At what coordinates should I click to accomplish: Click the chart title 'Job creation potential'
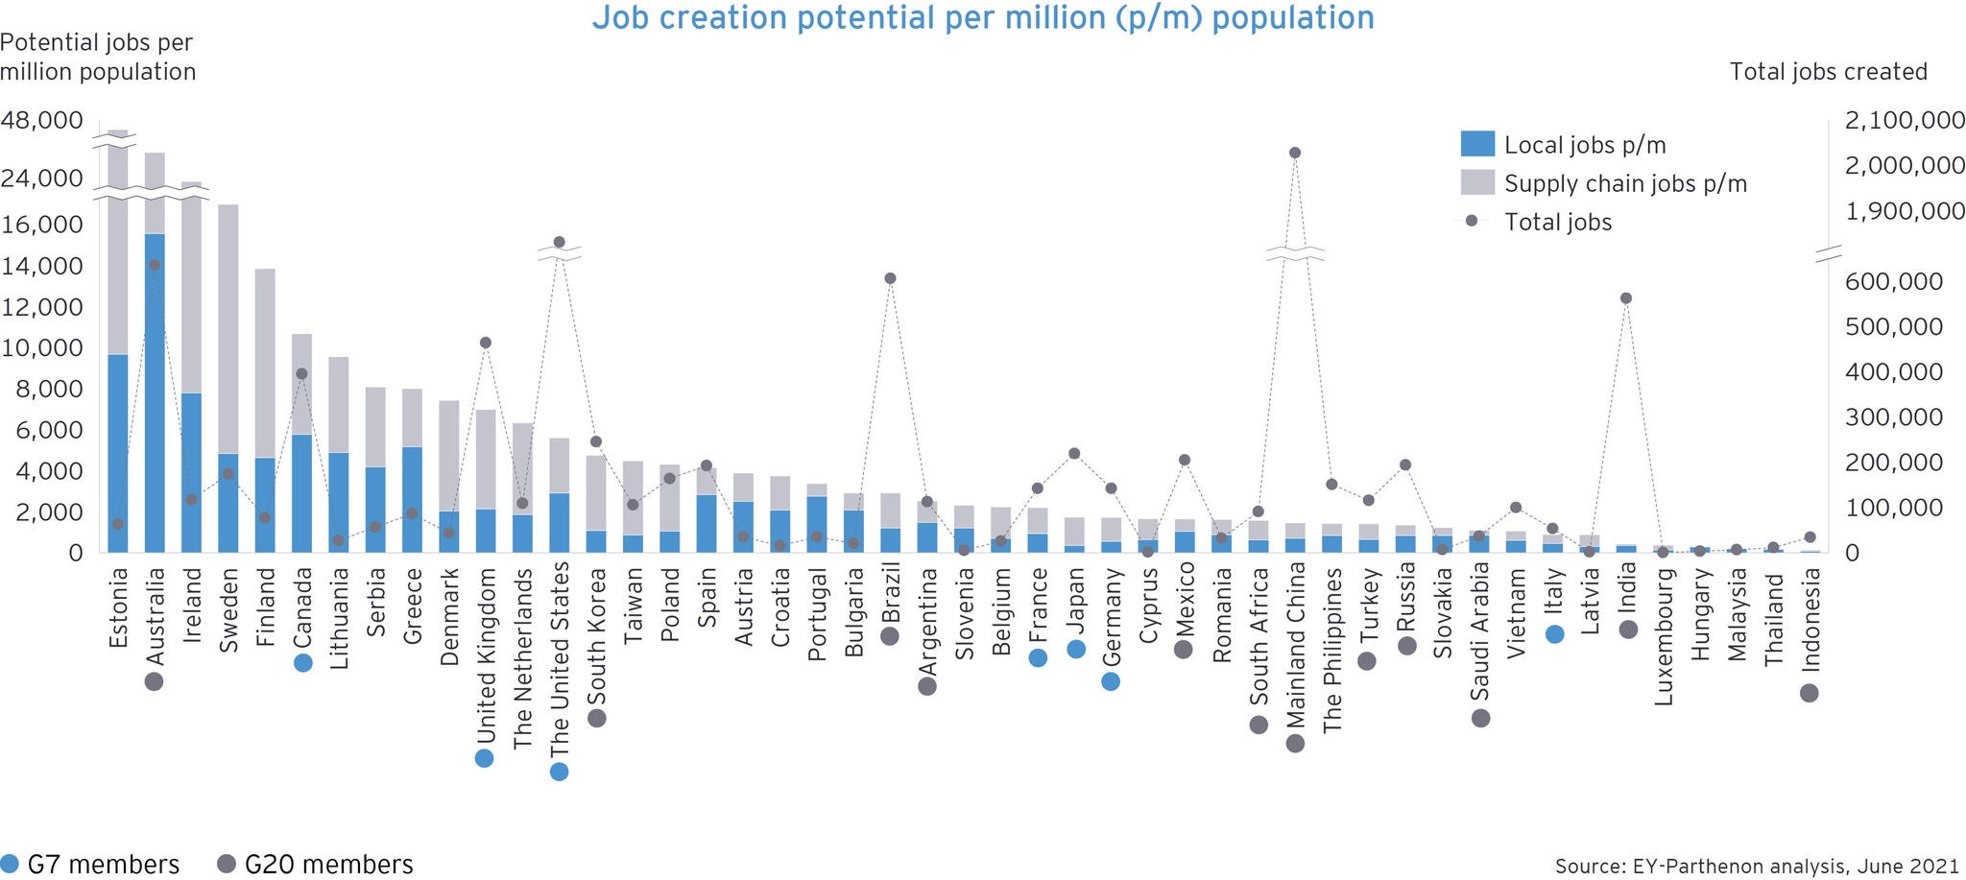pyautogui.click(x=982, y=18)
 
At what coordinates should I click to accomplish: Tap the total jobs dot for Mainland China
pyautogui.click(x=1294, y=153)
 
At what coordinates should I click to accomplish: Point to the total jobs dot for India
pyautogui.click(x=1626, y=298)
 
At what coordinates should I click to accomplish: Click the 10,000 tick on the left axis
pyautogui.click(x=42, y=347)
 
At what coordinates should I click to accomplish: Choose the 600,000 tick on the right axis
pyautogui.click(x=1893, y=281)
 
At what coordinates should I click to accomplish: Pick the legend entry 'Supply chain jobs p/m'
pyautogui.click(x=1624, y=183)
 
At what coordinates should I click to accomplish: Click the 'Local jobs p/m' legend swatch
pyautogui.click(x=1477, y=144)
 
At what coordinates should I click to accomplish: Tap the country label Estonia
pyautogui.click(x=118, y=608)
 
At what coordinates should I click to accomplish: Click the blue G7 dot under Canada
pyautogui.click(x=303, y=662)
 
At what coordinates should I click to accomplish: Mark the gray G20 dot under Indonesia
pyautogui.click(x=1810, y=693)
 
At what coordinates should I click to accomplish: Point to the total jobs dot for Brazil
pyautogui.click(x=890, y=278)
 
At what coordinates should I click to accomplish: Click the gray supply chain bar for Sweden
pyautogui.click(x=228, y=326)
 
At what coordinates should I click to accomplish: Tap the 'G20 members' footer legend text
pyautogui.click(x=328, y=865)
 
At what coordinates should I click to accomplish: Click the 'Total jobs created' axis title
pyautogui.click(x=1828, y=72)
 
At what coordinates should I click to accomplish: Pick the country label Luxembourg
pyautogui.click(x=1664, y=637)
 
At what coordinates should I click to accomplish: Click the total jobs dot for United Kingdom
pyautogui.click(x=486, y=343)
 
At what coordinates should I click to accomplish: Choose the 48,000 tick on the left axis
pyautogui.click(x=42, y=121)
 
